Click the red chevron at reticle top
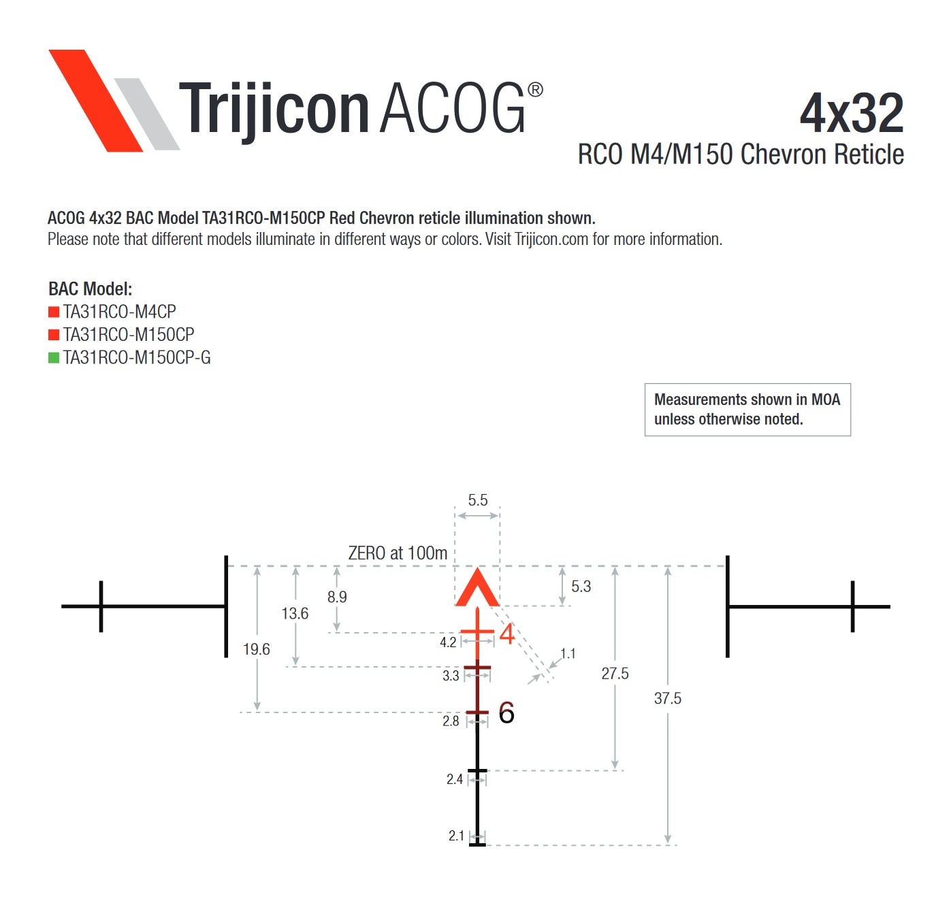[478, 588]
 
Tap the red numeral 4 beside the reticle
[507, 634]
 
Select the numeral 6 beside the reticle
[506, 712]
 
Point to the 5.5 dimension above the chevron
[478, 500]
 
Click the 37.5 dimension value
[668, 698]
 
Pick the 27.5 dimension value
[615, 674]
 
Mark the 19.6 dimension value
[257, 649]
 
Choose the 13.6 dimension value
[295, 614]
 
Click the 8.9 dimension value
[337, 597]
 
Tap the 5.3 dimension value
[581, 587]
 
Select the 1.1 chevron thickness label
[568, 653]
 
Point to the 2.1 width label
[456, 836]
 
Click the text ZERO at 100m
[398, 553]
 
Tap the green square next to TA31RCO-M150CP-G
[54, 357]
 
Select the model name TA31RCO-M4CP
[120, 312]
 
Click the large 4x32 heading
[852, 113]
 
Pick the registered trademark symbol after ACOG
[535, 90]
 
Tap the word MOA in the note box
[825, 399]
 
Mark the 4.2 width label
[448, 642]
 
